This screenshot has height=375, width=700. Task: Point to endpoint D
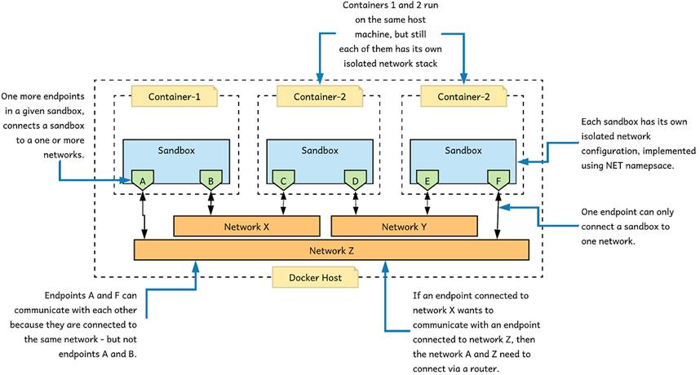(x=356, y=179)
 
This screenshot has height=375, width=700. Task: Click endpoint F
(x=498, y=179)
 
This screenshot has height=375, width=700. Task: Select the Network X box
(x=246, y=227)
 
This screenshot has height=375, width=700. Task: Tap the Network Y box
(x=404, y=227)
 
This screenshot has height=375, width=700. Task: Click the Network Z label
(x=332, y=250)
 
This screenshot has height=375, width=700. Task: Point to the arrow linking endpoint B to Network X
(x=212, y=202)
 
